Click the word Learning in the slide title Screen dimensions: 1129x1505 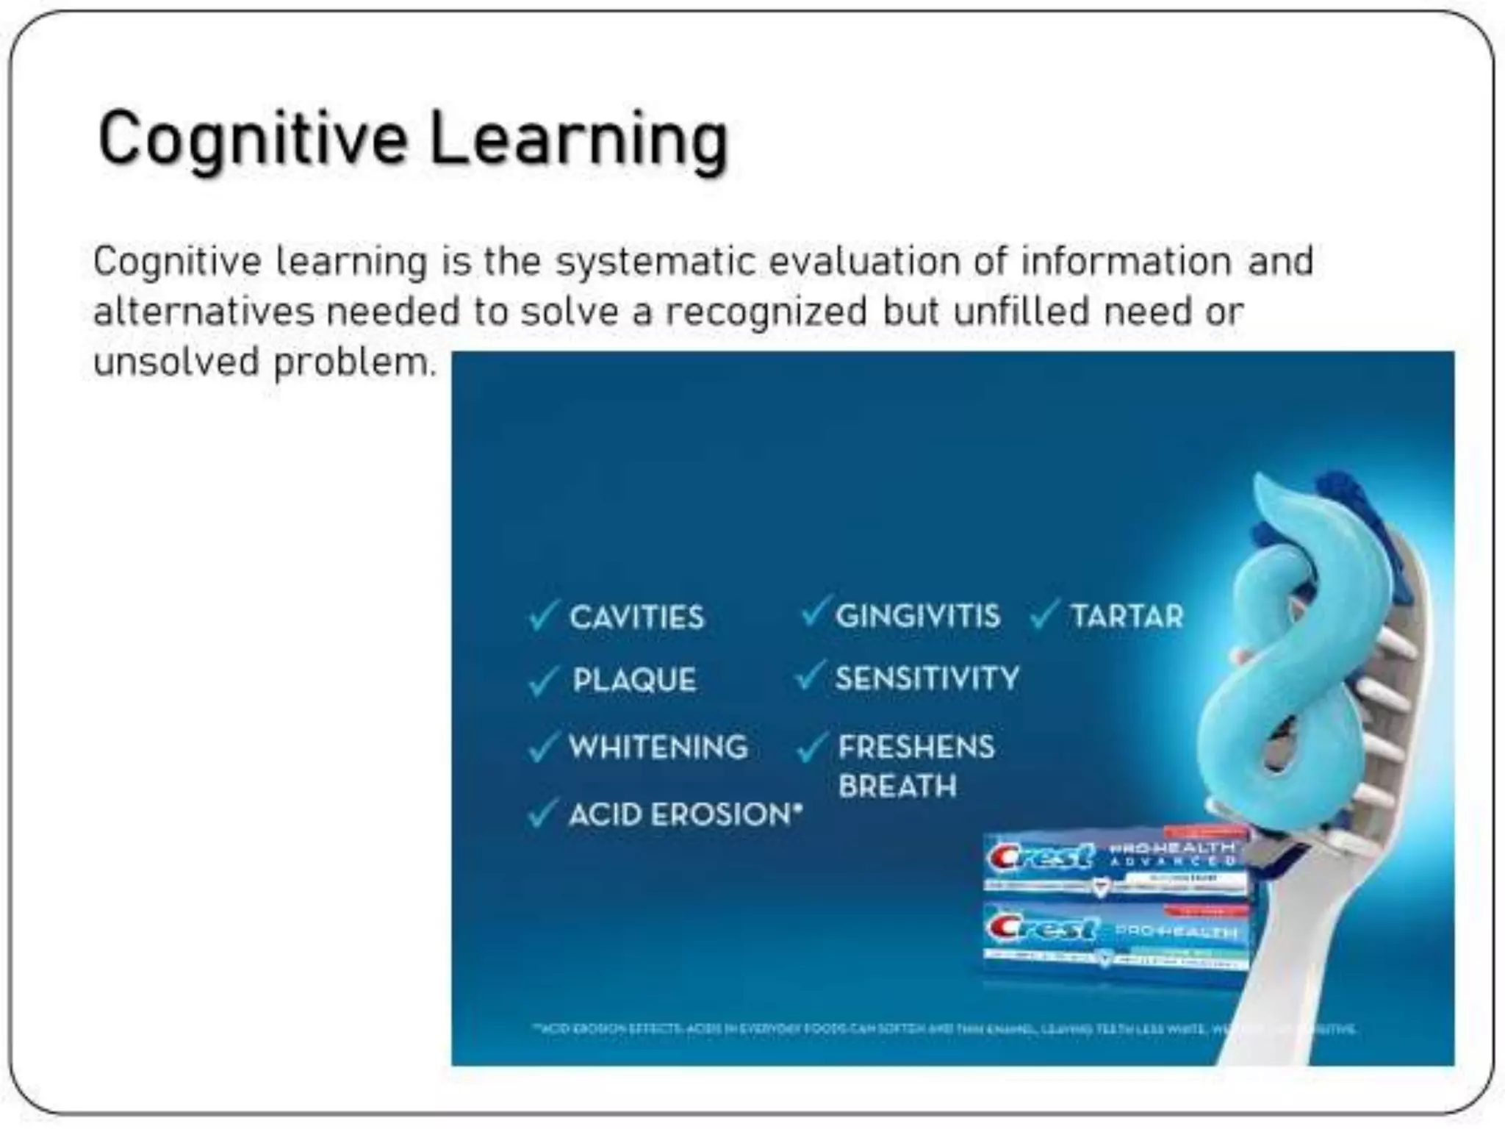click(x=578, y=140)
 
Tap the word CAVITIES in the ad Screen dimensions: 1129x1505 click(x=636, y=617)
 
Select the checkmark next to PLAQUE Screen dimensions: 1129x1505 click(x=543, y=681)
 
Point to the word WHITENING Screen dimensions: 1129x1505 click(x=658, y=748)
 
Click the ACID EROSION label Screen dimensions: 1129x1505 click(x=685, y=814)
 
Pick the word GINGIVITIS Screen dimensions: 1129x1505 click(x=918, y=616)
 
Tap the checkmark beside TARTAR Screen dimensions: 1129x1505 click(x=1044, y=615)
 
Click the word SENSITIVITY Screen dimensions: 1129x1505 click(x=927, y=678)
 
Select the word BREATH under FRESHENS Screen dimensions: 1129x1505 click(x=897, y=786)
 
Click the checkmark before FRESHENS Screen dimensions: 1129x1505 click(x=812, y=748)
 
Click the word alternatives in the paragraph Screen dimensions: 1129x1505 click(x=204, y=312)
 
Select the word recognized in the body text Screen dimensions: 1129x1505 click(x=766, y=312)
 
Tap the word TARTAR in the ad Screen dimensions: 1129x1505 click(x=1127, y=616)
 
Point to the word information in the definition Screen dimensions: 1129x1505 click(x=1126, y=261)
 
